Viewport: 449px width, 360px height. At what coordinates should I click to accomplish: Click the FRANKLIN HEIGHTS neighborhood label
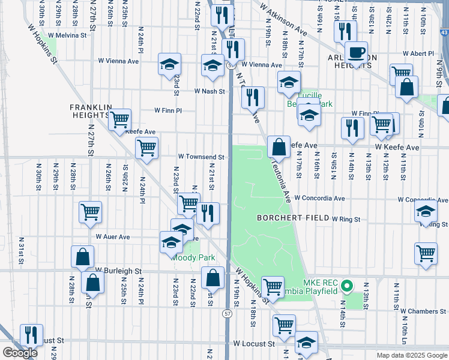[91, 112]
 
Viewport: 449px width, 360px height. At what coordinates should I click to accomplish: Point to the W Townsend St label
[200, 157]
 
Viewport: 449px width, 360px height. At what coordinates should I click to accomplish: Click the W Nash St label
[209, 91]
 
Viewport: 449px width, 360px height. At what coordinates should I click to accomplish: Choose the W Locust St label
[254, 344]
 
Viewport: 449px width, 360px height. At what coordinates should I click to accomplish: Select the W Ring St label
[345, 220]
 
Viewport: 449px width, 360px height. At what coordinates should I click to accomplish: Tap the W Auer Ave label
[112, 237]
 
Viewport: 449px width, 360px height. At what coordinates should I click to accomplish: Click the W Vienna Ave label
[262, 65]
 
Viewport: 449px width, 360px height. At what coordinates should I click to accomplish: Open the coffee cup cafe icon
[357, 53]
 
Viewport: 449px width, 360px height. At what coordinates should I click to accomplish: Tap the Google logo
[20, 353]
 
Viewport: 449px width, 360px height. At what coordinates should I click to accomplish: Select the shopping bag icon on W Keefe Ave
[279, 146]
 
